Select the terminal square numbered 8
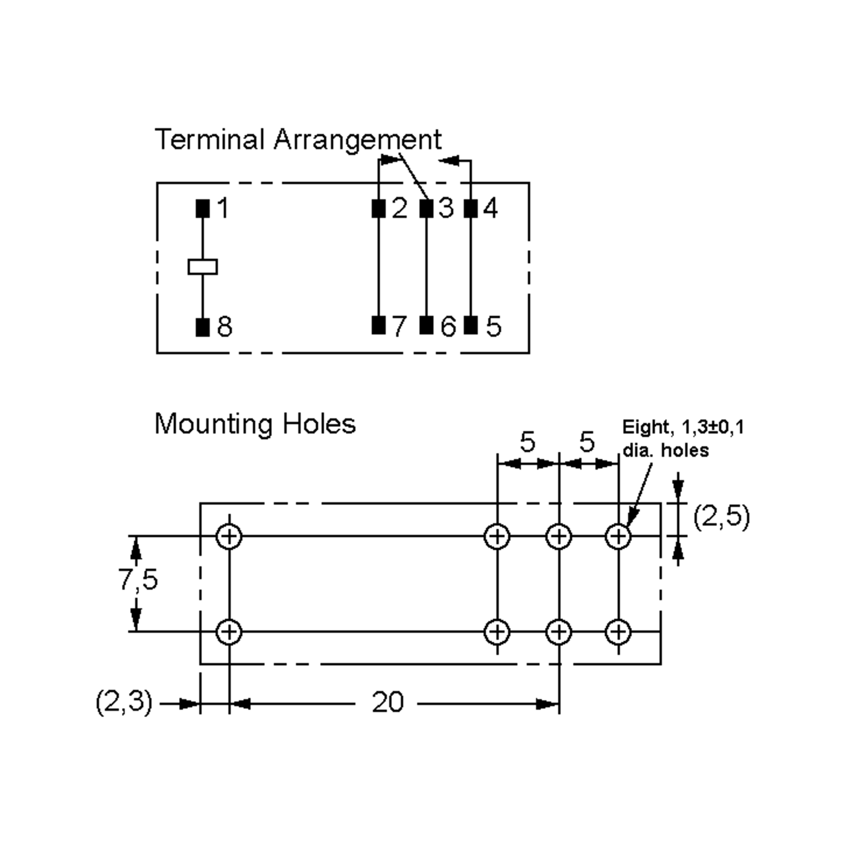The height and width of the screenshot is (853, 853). pyautogui.click(x=203, y=327)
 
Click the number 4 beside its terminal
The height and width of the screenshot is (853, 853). pyautogui.click(x=490, y=208)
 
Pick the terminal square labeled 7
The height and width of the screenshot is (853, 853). pyautogui.click(x=379, y=326)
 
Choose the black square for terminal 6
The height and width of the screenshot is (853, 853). pyautogui.click(x=426, y=326)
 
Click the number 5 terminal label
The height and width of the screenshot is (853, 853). pyautogui.click(x=494, y=327)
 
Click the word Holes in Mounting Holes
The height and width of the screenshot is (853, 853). pyautogui.click(x=319, y=424)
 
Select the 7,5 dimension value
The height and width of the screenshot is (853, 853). pyautogui.click(x=138, y=579)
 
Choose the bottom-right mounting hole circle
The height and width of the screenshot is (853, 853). pyautogui.click(x=618, y=632)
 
